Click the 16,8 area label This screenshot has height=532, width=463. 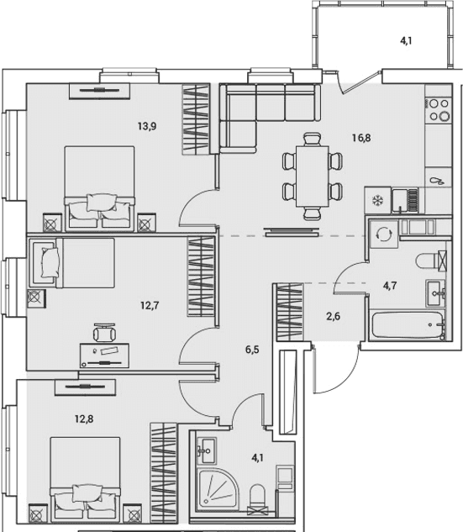coord(361,138)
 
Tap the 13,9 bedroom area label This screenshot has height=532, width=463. coord(147,127)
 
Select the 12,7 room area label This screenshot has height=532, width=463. coord(150,306)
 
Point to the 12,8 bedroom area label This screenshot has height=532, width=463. coord(84,419)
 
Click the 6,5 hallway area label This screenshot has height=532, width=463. coord(252,349)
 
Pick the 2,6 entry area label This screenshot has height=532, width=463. coord(333,316)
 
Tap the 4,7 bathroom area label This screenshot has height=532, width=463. coord(390,286)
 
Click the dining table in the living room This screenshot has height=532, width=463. coord(312,176)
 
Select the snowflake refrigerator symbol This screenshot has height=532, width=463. coord(377,200)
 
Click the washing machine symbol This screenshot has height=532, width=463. coord(384,234)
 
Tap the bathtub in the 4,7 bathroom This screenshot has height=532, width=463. coord(408,325)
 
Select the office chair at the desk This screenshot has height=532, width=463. coord(104,332)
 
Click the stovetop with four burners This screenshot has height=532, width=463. coord(439,109)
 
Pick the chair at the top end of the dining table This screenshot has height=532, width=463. coord(312,140)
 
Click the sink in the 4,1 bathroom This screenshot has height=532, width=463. coord(206,451)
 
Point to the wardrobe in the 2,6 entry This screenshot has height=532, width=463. coord(289,312)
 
